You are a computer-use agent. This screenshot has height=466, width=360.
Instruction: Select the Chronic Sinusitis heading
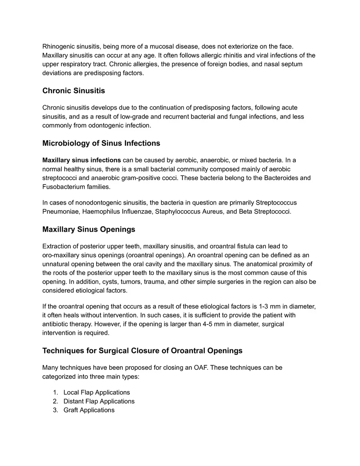pos(74,90)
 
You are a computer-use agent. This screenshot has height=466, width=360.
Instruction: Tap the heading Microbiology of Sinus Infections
pos(101,143)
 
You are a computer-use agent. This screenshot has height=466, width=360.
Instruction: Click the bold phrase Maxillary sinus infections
pos(81,160)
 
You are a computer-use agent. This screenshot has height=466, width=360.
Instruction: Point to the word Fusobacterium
pos(62,187)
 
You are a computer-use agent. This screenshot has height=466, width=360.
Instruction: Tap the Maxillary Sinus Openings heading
pos(89,229)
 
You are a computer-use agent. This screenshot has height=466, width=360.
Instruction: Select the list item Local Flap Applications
pos(97,392)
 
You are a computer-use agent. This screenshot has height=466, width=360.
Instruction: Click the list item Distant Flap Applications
pos(99,401)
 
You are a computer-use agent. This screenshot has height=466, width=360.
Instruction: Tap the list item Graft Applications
pos(89,410)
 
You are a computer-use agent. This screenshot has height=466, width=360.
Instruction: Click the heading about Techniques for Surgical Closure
pos(142,351)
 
